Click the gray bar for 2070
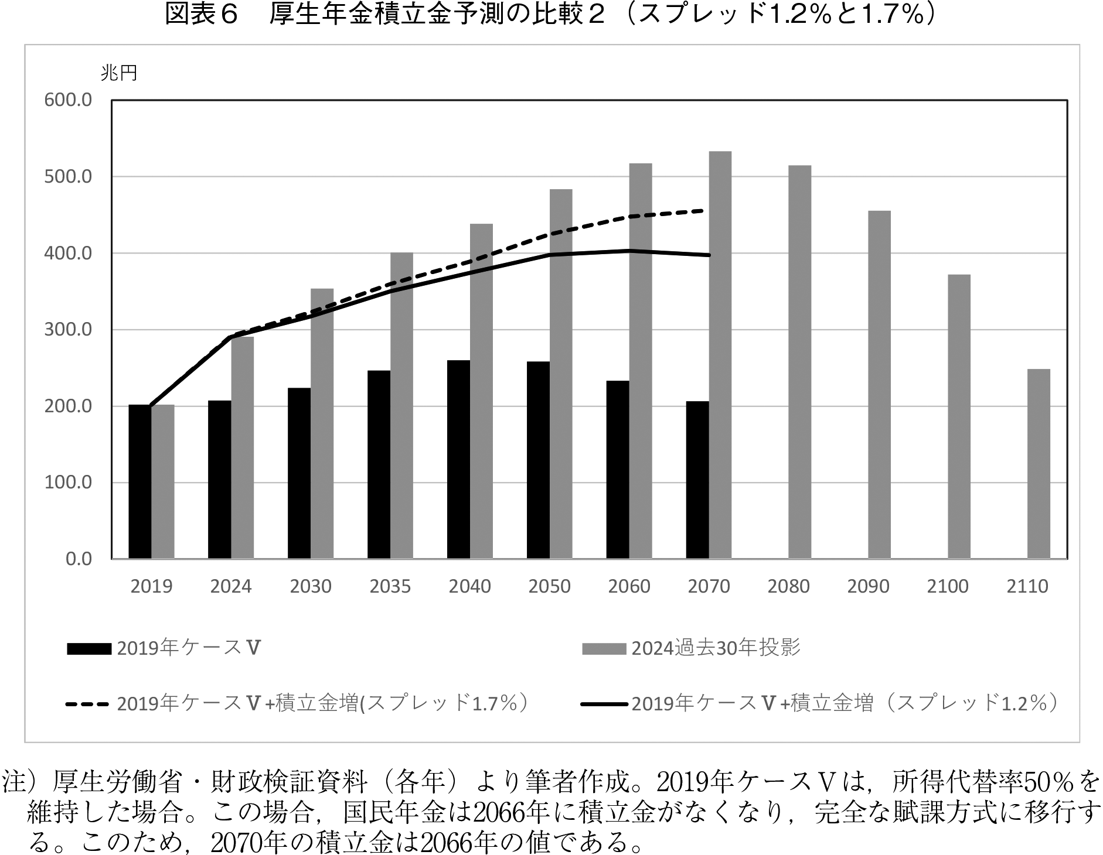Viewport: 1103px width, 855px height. [x=720, y=355]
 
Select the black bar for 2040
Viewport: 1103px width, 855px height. [x=458, y=459]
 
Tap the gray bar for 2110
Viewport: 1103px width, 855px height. [x=1039, y=464]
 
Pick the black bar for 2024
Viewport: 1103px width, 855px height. [x=220, y=480]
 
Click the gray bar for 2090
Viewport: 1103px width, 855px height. [x=880, y=385]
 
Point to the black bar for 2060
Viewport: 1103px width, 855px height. [x=618, y=470]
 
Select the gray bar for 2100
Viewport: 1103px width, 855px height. [x=959, y=416]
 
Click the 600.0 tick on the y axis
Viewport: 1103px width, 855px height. [x=68, y=100]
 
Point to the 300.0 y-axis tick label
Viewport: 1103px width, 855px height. [x=68, y=330]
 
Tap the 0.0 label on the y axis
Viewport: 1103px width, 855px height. [x=79, y=559]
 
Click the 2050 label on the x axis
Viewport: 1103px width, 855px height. [x=549, y=586]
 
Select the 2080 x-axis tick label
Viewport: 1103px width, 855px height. [x=788, y=586]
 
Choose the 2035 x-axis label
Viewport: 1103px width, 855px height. [x=390, y=586]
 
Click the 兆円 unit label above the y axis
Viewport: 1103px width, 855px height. [x=119, y=73]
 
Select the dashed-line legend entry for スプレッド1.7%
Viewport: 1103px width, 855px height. [x=298, y=703]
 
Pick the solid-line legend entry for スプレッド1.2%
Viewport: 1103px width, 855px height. [x=820, y=703]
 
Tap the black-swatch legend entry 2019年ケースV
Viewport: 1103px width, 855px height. [x=164, y=648]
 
